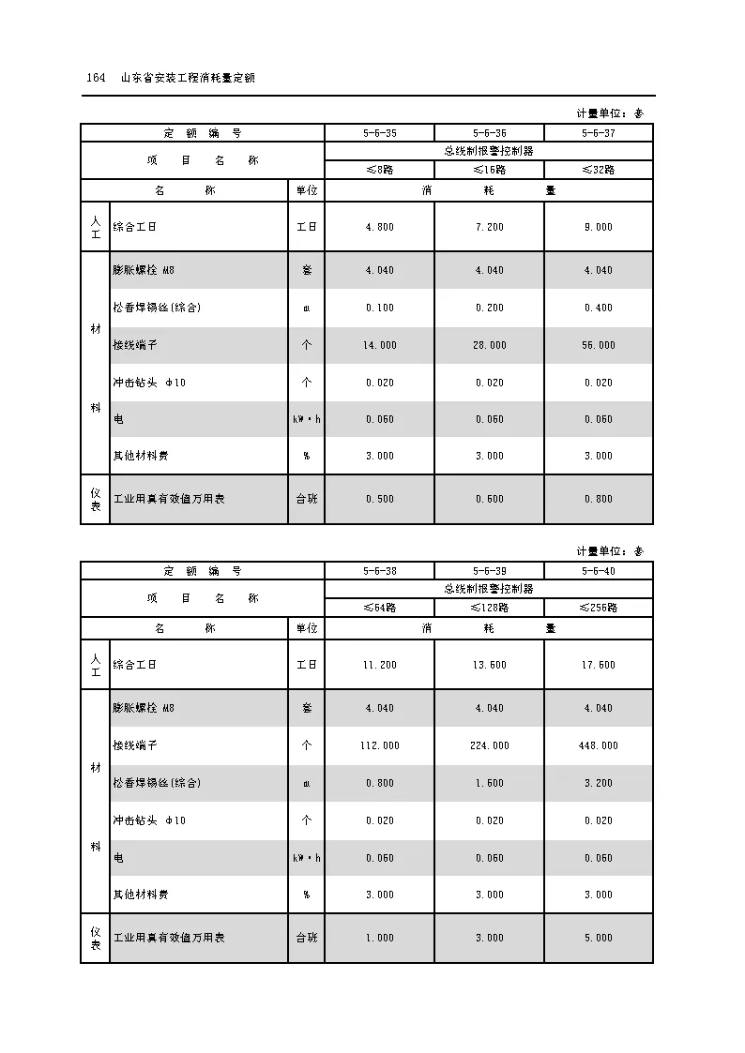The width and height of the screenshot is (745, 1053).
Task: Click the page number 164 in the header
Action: [95, 78]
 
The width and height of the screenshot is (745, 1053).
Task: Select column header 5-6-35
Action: [379, 133]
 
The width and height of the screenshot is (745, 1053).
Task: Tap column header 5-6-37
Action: [599, 133]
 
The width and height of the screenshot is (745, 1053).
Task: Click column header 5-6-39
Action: [489, 571]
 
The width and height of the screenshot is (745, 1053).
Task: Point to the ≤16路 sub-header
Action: [489, 170]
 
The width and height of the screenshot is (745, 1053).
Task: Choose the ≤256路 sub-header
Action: [599, 608]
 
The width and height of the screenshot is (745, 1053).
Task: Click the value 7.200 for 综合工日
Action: [489, 227]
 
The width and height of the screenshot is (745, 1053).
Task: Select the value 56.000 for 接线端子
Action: [599, 345]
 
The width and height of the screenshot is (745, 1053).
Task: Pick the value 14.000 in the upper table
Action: [379, 345]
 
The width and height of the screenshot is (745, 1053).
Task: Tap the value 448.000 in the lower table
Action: [599, 745]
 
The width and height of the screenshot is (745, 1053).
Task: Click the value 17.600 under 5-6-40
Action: [599, 665]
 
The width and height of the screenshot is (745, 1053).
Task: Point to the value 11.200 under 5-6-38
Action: [379, 665]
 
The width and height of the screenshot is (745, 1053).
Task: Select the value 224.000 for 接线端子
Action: [489, 745]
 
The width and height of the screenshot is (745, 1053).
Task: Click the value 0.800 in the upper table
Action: [599, 499]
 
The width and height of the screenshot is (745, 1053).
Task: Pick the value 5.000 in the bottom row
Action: [599, 938]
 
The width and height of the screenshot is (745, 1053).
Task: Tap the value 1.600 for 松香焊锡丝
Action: [489, 783]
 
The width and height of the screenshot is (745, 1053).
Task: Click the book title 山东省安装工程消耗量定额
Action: [189, 78]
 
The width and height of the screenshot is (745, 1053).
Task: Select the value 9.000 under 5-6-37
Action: [599, 227]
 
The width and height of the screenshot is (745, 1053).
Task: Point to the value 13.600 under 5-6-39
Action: [489, 665]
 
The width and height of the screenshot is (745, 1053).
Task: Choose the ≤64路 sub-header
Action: [379, 608]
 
